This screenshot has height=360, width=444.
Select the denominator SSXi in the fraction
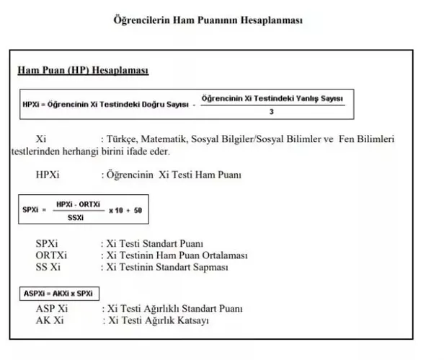75,216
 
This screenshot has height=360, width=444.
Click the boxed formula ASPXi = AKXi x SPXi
59,294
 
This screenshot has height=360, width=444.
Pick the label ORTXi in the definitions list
51,255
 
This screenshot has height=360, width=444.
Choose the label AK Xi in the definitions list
51,320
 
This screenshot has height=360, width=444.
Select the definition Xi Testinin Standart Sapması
167,267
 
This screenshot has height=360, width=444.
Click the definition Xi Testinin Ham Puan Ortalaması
177,255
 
